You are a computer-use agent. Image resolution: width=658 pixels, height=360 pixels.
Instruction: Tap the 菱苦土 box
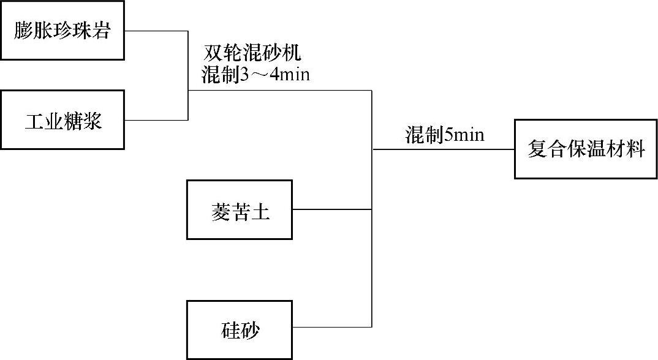point(240,209)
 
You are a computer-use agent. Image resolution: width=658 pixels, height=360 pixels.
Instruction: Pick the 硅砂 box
point(240,330)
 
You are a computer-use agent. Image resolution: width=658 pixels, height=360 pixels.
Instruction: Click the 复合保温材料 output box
point(586,149)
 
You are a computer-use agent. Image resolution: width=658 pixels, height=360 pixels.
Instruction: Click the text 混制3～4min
point(256,75)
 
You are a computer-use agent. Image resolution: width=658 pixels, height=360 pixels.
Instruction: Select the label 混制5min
point(444,135)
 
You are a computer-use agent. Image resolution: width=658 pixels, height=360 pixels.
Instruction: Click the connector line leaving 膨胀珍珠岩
point(156,31)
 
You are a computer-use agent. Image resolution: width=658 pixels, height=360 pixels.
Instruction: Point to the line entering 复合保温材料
point(444,149)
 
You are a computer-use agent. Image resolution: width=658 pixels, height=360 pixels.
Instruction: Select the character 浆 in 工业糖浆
point(93,121)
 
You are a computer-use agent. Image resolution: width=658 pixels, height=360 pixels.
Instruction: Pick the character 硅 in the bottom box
point(230,331)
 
